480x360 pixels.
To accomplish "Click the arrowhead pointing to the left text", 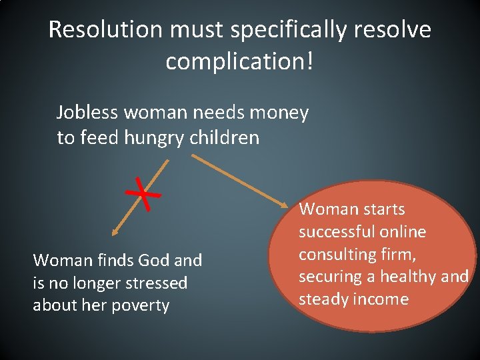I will click(x=115, y=233).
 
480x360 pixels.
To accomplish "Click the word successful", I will click(x=336, y=232).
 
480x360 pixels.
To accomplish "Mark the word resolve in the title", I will click(x=394, y=30).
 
